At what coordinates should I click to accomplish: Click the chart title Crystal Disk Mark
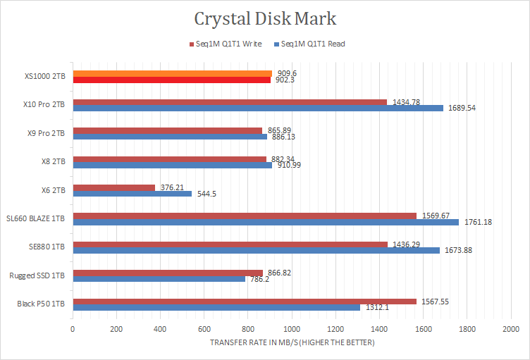[x=265, y=18]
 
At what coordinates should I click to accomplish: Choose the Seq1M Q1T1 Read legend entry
[x=309, y=44]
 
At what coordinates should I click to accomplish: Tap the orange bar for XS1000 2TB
[x=172, y=73]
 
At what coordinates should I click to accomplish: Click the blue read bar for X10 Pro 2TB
[x=258, y=108]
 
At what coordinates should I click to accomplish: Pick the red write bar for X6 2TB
[x=113, y=187]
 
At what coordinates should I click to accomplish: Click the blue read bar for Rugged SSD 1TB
[x=159, y=278]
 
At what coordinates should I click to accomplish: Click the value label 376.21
[x=172, y=187]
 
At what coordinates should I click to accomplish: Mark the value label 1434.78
[x=406, y=102]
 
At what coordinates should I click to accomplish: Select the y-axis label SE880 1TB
[x=47, y=247]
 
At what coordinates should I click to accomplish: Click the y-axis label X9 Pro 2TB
[x=44, y=133]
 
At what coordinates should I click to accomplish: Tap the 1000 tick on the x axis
[x=292, y=329]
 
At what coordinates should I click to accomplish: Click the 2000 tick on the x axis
[x=511, y=329]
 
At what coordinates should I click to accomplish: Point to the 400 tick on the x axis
[x=160, y=329]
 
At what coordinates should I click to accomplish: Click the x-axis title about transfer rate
[x=292, y=342]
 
